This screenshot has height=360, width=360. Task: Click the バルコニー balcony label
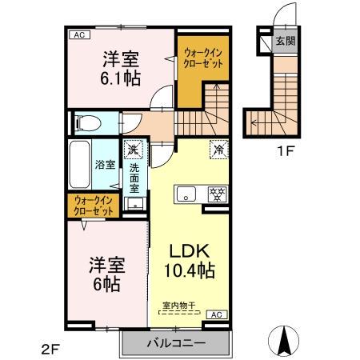tap(175, 343)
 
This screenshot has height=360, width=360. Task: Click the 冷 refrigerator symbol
tap(217, 148)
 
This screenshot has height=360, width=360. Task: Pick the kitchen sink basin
tap(187, 194)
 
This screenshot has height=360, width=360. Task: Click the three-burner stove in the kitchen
tap(214, 194)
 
